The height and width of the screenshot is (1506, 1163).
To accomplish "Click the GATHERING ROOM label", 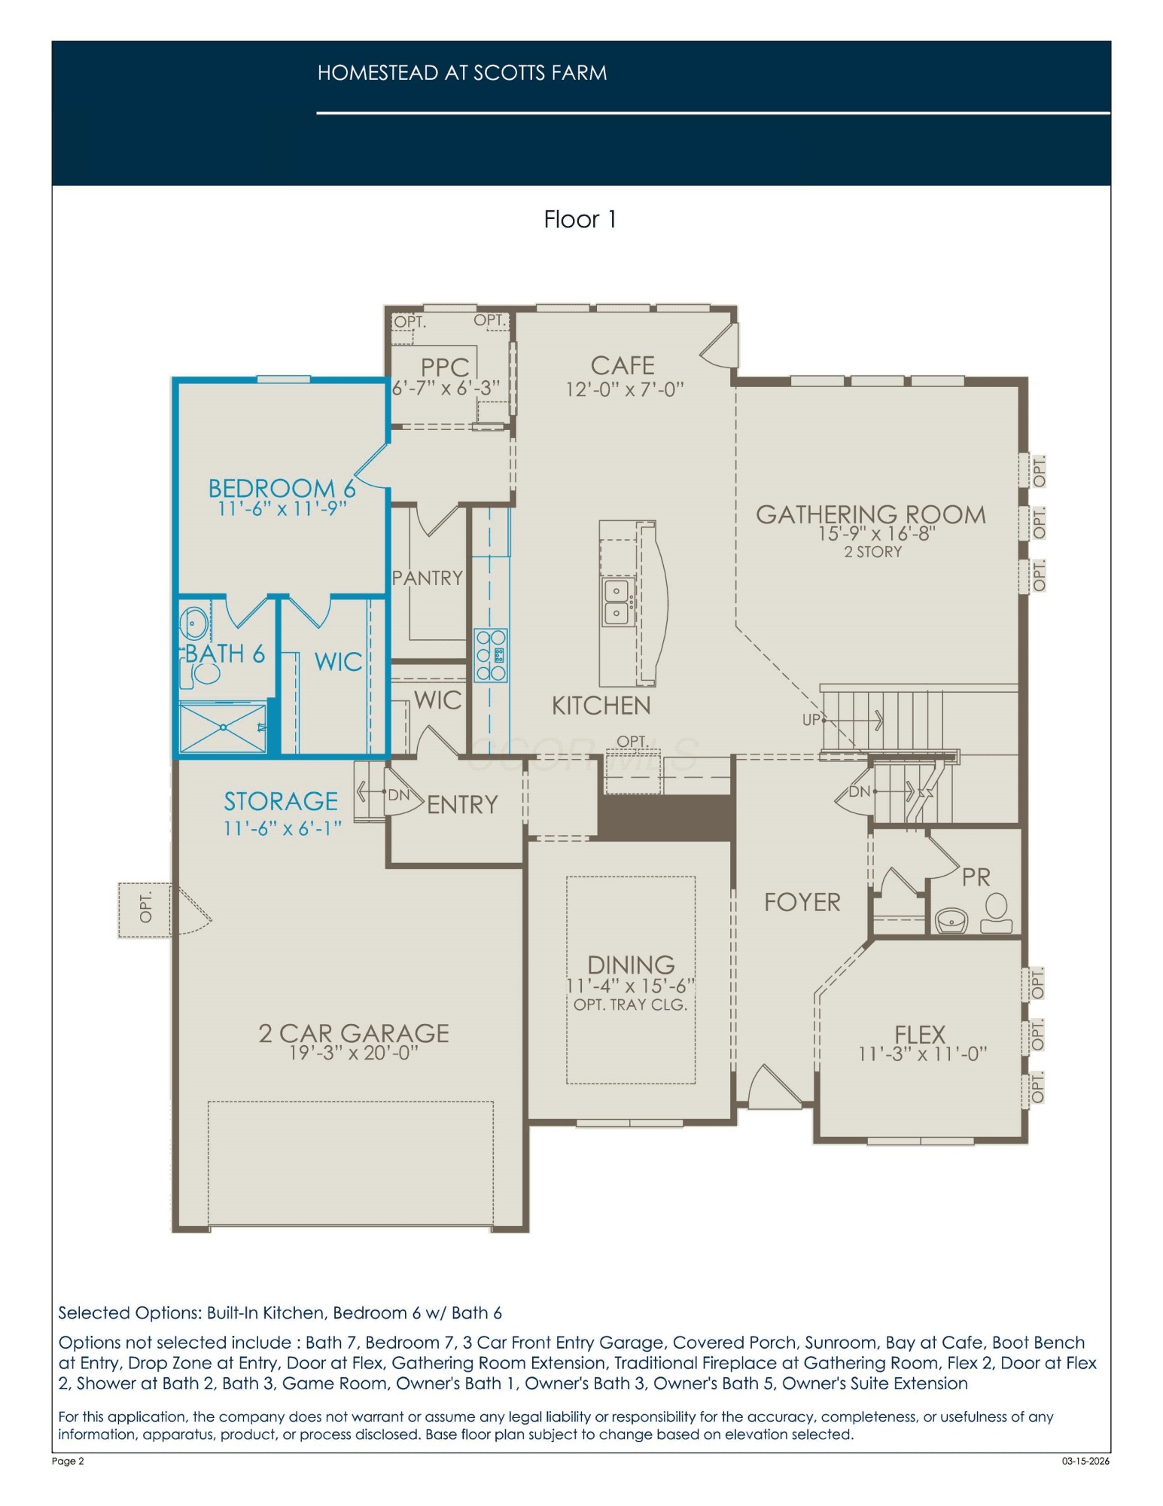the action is (x=871, y=515).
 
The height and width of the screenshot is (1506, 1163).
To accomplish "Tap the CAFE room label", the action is (x=623, y=366).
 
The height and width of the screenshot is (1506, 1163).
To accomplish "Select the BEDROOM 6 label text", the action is (x=282, y=488).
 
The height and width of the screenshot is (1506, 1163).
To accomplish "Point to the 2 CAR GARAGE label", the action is (x=354, y=1033).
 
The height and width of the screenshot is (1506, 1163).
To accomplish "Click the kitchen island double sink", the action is (x=617, y=602).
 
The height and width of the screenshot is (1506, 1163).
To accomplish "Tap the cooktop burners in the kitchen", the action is (x=491, y=655).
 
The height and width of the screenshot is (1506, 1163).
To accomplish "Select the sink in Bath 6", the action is (x=194, y=623).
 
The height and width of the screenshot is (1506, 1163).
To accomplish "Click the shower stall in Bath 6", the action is (x=224, y=727).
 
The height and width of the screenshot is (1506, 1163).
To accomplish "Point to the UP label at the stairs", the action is (x=811, y=720).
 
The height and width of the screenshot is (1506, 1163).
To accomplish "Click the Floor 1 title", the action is (x=580, y=219).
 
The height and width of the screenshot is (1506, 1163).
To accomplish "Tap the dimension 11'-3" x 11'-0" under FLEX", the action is (x=922, y=1054).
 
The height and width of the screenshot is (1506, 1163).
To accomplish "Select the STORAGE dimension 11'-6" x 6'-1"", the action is (x=283, y=828).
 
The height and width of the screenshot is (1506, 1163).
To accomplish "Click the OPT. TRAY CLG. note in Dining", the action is (x=630, y=1005).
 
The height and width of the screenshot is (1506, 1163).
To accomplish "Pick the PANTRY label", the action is (x=428, y=578).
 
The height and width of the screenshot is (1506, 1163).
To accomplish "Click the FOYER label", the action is (x=802, y=902).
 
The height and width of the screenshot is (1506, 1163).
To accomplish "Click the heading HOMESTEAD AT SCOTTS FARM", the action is (x=462, y=73).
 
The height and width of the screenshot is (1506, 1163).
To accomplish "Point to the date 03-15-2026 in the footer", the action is (x=1085, y=1462).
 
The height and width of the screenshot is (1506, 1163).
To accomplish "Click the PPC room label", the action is (x=445, y=367).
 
